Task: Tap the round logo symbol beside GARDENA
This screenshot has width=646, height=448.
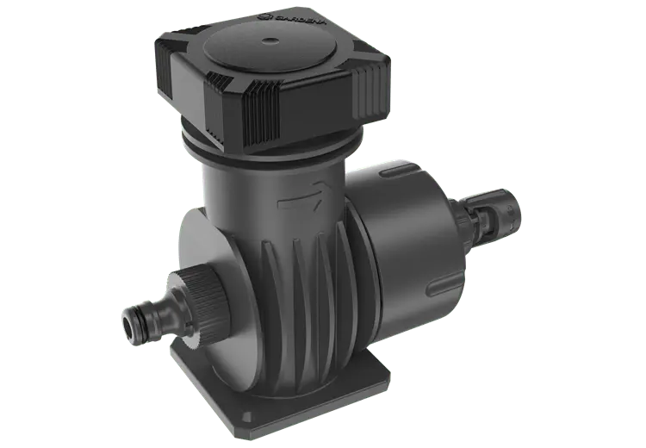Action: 264,17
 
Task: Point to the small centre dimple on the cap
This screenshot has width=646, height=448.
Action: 270,40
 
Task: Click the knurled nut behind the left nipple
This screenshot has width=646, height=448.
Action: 201,304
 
